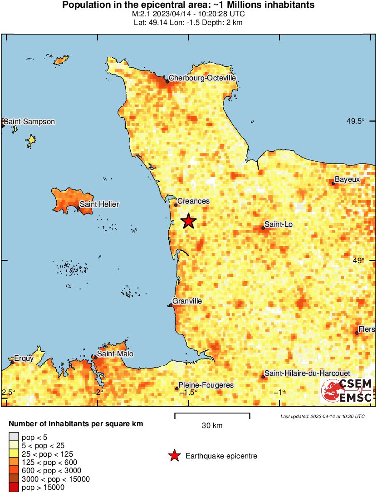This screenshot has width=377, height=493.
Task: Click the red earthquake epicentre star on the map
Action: (x=188, y=221)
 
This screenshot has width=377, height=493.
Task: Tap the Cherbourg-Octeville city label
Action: (x=202, y=78)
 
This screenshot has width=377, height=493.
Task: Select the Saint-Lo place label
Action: (x=277, y=224)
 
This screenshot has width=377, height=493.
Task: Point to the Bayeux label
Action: (x=347, y=179)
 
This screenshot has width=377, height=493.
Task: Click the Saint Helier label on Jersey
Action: (x=99, y=204)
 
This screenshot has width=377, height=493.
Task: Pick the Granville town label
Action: (x=187, y=301)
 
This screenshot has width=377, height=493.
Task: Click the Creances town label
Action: (x=193, y=201)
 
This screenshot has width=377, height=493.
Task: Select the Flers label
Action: (x=367, y=329)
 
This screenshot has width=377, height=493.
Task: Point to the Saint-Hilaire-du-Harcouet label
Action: (x=301, y=373)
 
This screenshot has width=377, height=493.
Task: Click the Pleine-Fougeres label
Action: (x=206, y=385)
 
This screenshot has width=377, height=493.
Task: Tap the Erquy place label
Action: (x=24, y=359)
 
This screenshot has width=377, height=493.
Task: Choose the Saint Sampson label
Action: (x=29, y=122)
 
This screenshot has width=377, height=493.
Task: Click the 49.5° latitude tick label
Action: (x=356, y=121)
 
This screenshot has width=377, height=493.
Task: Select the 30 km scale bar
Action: (x=212, y=414)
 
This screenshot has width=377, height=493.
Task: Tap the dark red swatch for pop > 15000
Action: (x=14, y=488)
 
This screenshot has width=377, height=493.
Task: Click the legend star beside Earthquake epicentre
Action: (x=173, y=456)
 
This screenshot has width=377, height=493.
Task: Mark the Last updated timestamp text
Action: (x=322, y=416)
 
